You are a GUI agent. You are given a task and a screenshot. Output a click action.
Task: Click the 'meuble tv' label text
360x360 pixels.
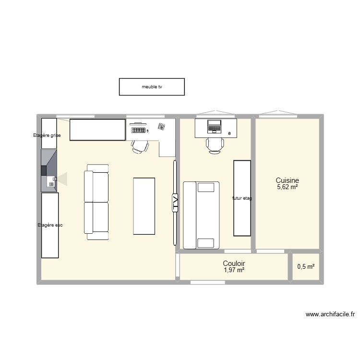click(152, 87)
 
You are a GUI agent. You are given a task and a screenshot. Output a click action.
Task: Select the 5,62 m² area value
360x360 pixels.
click(287, 187)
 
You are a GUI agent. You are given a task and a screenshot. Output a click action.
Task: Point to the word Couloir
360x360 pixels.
click(234, 264)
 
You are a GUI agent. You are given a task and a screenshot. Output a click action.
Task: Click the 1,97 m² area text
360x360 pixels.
click(234, 271)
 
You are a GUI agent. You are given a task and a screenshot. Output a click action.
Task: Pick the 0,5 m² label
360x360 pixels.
click(306, 267)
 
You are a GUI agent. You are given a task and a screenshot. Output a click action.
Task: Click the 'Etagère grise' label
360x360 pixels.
click(47, 135)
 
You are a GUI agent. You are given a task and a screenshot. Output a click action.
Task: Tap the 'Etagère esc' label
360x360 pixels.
click(50, 225)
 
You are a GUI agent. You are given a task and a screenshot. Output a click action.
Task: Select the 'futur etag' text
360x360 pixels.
click(242, 198)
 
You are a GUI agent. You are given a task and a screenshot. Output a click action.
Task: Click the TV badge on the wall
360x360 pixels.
click(175, 202)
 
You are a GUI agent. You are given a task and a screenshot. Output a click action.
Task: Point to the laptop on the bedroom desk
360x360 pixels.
click(214, 126)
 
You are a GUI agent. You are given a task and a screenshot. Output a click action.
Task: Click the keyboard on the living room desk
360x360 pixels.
click(138, 129)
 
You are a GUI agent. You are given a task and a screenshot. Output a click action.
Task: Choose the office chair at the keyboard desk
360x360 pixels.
click(140, 146)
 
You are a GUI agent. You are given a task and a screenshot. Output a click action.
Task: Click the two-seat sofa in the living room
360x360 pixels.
click(96, 202)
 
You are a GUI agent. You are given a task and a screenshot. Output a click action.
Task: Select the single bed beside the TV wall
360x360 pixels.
click(201, 215)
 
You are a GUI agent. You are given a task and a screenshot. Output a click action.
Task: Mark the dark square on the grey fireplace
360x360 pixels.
click(44, 170)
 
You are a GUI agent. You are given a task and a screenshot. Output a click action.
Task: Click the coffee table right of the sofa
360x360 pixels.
click(144, 205)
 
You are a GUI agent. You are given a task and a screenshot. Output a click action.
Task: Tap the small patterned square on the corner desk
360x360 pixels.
click(161, 127)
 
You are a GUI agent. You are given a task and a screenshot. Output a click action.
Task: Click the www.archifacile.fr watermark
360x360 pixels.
click(330, 315)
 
